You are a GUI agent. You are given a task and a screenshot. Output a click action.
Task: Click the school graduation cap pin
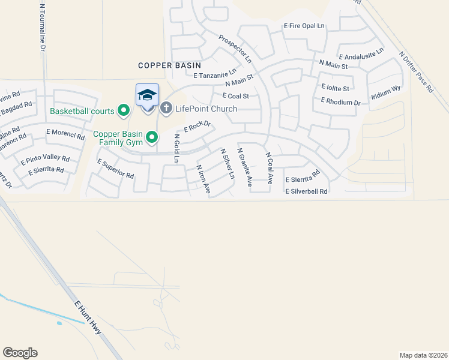pos(147,95)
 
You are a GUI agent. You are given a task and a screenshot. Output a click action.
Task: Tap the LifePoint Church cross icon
pos(166,109)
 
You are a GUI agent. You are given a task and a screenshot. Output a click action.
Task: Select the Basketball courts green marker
pos(124,110)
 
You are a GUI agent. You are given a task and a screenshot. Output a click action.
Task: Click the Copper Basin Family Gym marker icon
pos(152,137)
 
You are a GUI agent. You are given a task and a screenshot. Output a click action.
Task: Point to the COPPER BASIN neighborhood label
pos(169,65)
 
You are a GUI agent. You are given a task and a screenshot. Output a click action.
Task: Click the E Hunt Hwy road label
pos(87,317)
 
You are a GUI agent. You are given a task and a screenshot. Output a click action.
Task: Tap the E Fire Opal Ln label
pos(304,26)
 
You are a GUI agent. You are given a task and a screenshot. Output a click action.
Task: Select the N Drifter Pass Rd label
pos(415,71)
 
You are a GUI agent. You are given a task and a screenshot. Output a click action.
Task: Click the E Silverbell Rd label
pos(306,191)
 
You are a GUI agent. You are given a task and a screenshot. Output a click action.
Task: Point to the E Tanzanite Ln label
pos(215,74)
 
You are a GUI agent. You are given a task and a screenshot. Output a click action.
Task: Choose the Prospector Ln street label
pos(235,48)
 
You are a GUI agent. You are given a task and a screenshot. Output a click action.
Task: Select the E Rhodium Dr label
pos(341,102)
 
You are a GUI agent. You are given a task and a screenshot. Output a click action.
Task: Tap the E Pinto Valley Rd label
pos(45,160)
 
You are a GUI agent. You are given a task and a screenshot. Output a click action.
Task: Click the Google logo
pos(20,353)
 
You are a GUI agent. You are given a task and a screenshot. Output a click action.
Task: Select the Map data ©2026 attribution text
pos(423,355)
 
